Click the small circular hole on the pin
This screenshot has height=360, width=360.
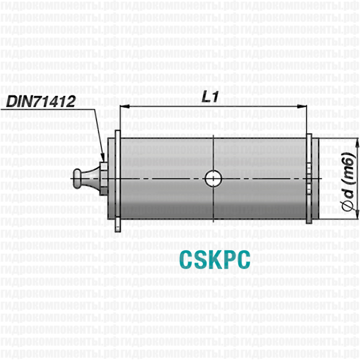(x=213, y=178)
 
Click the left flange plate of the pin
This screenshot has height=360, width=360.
(x=116, y=180)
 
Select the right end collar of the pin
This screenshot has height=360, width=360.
(x=309, y=179)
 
